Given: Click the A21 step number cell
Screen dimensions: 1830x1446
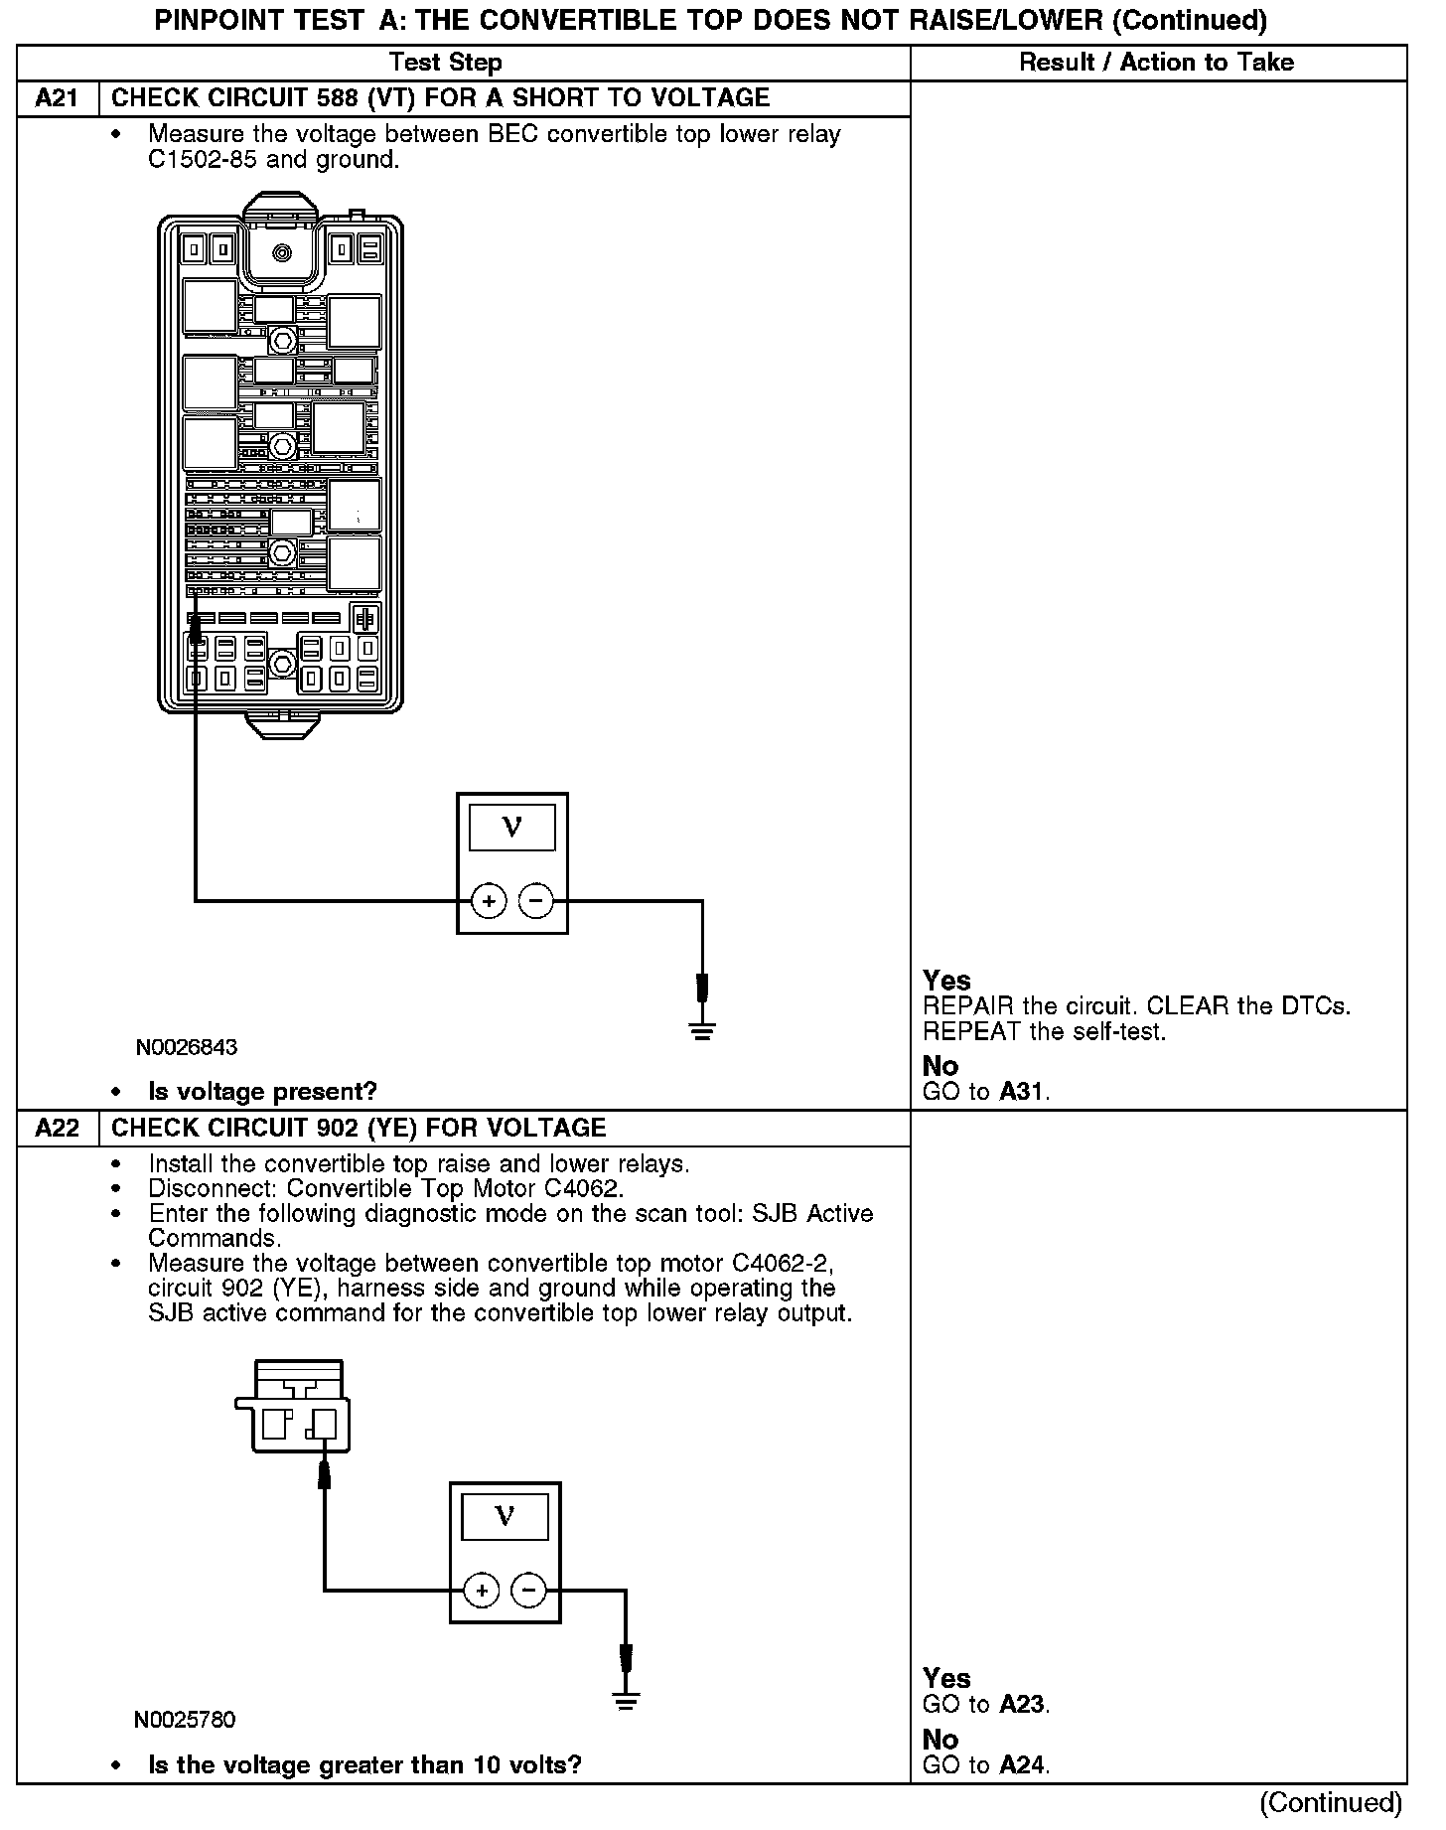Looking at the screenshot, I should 58,98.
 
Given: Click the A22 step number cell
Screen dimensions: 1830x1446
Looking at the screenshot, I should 58,1129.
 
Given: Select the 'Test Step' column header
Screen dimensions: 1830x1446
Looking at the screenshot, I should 446,63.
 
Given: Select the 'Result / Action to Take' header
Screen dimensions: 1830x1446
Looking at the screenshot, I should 1157,63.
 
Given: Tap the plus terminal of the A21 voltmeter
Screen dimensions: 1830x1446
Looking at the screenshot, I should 488,901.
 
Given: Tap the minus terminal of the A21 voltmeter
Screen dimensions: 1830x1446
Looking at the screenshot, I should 536,901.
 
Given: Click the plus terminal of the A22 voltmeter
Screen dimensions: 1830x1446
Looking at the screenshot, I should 482,1591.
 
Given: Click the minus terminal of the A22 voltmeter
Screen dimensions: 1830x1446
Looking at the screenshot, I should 528,1591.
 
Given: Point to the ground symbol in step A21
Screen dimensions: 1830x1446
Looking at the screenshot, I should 702,1030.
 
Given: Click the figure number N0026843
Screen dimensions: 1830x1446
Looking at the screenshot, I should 188,1047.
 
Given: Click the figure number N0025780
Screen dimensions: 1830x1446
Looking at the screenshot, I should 185,1719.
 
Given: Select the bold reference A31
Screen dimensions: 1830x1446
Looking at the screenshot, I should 1022,1092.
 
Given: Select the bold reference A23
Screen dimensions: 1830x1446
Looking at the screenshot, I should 1022,1705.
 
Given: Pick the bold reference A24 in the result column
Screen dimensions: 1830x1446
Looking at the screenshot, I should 1022,1765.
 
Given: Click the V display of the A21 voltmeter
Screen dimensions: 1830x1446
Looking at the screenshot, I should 511,828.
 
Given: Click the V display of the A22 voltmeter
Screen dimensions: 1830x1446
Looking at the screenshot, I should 505,1517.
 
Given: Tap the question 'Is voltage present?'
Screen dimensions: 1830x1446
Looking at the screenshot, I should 262,1092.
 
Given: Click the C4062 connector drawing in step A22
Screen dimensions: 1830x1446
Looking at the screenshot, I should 294,1407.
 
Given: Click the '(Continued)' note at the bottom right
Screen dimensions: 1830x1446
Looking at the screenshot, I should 1331,1802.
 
